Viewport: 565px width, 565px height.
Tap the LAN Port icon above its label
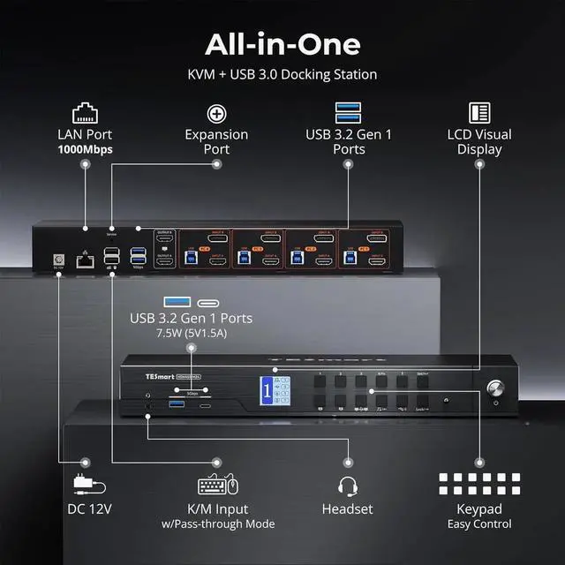coord(85,112)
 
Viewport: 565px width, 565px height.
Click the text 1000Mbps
coord(85,149)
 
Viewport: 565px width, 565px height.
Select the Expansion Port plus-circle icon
coord(216,113)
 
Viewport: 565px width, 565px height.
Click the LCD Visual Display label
coord(480,142)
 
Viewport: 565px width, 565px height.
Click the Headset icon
coord(348,485)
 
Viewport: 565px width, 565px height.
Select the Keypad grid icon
coord(479,485)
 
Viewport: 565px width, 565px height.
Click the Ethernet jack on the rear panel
coord(84,260)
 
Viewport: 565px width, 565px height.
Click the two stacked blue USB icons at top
coord(348,113)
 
